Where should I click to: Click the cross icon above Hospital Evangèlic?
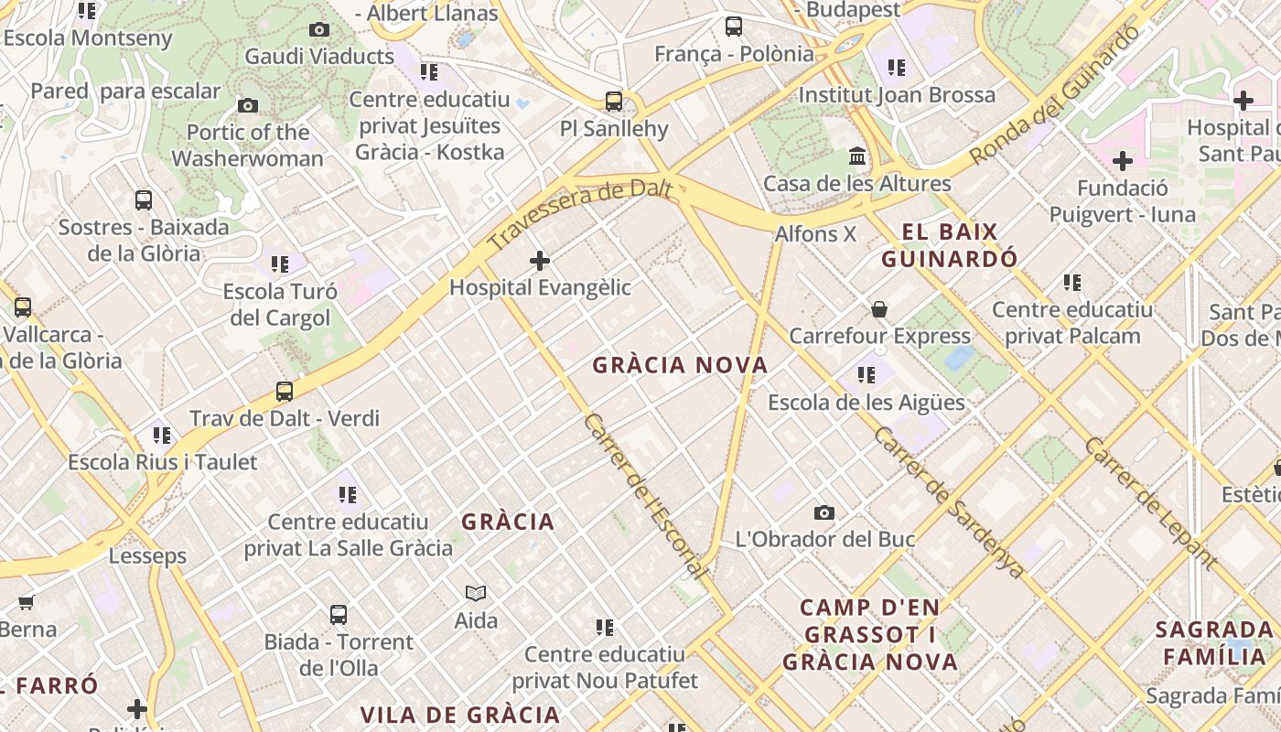click(x=540, y=261)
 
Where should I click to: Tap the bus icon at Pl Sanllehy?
click(x=614, y=101)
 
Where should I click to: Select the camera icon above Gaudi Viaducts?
click(x=318, y=30)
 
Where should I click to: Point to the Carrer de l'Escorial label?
click(x=645, y=495)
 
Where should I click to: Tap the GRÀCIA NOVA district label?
click(x=680, y=365)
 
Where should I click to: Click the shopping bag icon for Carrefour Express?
click(x=879, y=309)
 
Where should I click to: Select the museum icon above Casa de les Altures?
click(x=857, y=156)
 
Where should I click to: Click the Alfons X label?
click(x=815, y=234)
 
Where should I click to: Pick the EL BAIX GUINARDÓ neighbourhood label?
click(x=950, y=245)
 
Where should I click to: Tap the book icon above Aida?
click(x=476, y=594)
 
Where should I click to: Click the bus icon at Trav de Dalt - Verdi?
click(x=285, y=392)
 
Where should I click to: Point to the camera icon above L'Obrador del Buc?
click(x=824, y=512)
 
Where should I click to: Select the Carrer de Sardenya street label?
click(x=947, y=501)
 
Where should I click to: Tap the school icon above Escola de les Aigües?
click(x=866, y=374)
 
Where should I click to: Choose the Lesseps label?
click(x=147, y=555)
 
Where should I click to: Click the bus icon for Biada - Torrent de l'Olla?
click(x=339, y=615)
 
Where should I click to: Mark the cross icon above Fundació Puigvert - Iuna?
click(x=1122, y=162)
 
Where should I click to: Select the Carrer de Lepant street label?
click(x=1149, y=503)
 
